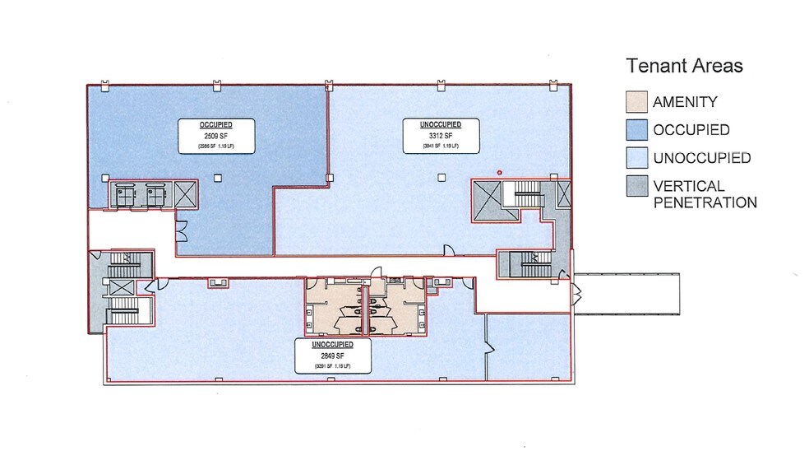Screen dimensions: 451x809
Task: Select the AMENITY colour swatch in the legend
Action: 636,103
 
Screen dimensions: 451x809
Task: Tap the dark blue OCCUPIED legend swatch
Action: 636,130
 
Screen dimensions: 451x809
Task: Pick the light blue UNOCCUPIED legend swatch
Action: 636,157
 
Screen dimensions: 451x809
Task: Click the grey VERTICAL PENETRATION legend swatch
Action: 636,186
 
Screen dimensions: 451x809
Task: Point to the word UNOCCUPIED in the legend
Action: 701,158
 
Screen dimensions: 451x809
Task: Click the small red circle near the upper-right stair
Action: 498,172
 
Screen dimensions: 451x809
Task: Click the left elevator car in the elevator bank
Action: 126,194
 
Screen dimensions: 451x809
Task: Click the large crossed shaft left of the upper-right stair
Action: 487,198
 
